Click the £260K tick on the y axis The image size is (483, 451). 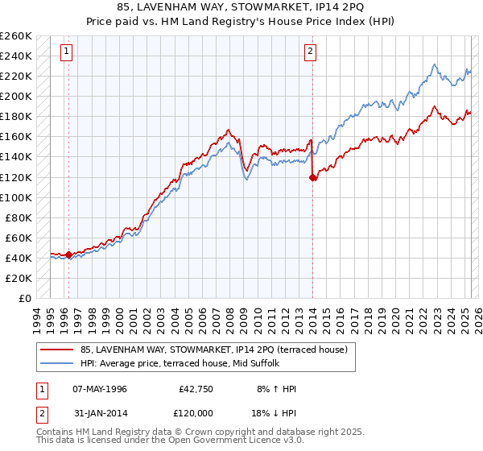(15, 35)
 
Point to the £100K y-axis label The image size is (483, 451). (15, 197)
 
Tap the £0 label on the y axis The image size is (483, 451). (25, 298)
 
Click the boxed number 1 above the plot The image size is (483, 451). (65, 52)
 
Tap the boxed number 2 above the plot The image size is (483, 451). (310, 52)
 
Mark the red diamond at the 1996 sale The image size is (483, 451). (69, 255)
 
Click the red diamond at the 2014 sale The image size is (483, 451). (313, 178)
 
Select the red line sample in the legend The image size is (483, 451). (56, 350)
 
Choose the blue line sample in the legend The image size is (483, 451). (56, 362)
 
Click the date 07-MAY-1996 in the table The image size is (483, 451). (100, 389)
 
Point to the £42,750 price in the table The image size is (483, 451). (196, 389)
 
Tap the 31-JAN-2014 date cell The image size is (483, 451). (100, 412)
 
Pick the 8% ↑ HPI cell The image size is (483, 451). (276, 389)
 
